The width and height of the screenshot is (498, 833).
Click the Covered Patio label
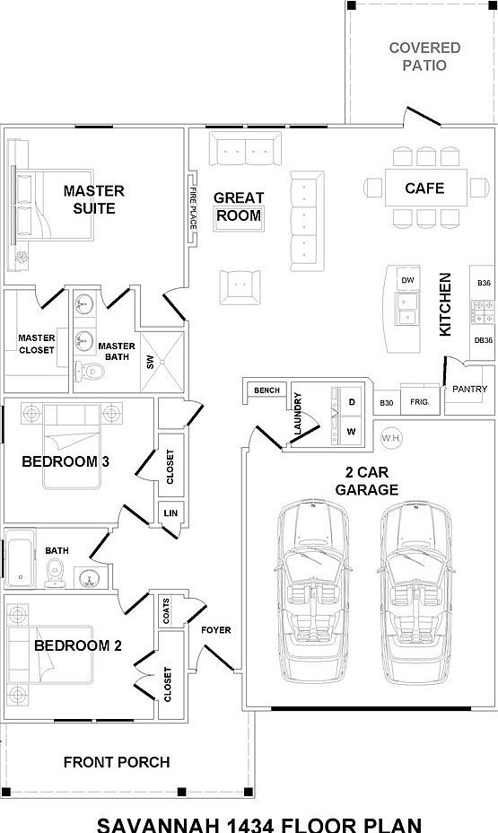[424, 57]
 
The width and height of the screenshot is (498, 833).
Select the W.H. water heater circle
[391, 438]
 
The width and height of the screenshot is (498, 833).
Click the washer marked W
[351, 432]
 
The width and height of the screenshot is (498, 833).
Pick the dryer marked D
[352, 403]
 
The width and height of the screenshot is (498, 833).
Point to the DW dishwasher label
[407, 280]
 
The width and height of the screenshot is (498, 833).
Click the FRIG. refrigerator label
[419, 402]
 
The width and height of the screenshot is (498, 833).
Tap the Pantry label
[469, 389]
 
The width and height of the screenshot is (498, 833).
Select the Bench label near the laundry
[266, 390]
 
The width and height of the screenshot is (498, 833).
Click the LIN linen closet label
[170, 513]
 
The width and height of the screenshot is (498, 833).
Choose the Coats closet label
[166, 611]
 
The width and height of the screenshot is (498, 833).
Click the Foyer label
[216, 630]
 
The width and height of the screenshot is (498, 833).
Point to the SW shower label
[150, 363]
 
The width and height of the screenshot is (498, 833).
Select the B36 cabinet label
[484, 283]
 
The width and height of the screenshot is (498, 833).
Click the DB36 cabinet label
[483, 340]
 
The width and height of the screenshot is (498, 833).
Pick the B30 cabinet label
[387, 403]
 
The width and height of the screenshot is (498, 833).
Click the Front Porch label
[117, 762]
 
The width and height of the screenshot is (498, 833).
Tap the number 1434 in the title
[249, 825]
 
